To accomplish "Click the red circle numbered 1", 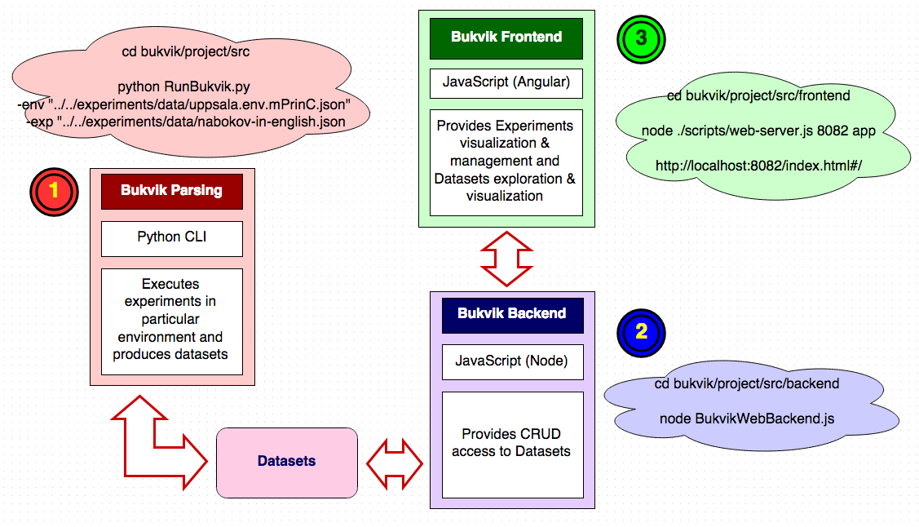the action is pyautogui.click(x=54, y=192).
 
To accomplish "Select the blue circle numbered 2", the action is pyautogui.click(x=641, y=333).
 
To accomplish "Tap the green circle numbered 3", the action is pyautogui.click(x=641, y=39).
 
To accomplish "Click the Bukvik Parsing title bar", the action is pyautogui.click(x=172, y=191).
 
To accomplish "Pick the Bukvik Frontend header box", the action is pyautogui.click(x=506, y=38).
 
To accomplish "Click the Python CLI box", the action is pyautogui.click(x=172, y=238).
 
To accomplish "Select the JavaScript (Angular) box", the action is pyautogui.click(x=506, y=83).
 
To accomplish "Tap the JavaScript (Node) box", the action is pyautogui.click(x=513, y=362).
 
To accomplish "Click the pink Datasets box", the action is pyautogui.click(x=287, y=463).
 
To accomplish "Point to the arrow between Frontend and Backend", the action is pyautogui.click(x=506, y=259).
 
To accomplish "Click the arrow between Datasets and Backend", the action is pyautogui.click(x=395, y=463).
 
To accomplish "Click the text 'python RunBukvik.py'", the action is pyautogui.click(x=183, y=86).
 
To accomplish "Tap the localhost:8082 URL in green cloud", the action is pyautogui.click(x=758, y=166).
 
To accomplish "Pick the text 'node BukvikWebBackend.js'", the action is pyautogui.click(x=747, y=418).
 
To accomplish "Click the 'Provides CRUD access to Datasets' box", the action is pyautogui.click(x=513, y=445).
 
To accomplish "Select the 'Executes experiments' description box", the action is pyautogui.click(x=172, y=321).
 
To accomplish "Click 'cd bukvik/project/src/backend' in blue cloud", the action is pyautogui.click(x=747, y=383).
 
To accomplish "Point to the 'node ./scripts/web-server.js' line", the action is pyautogui.click(x=758, y=131).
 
